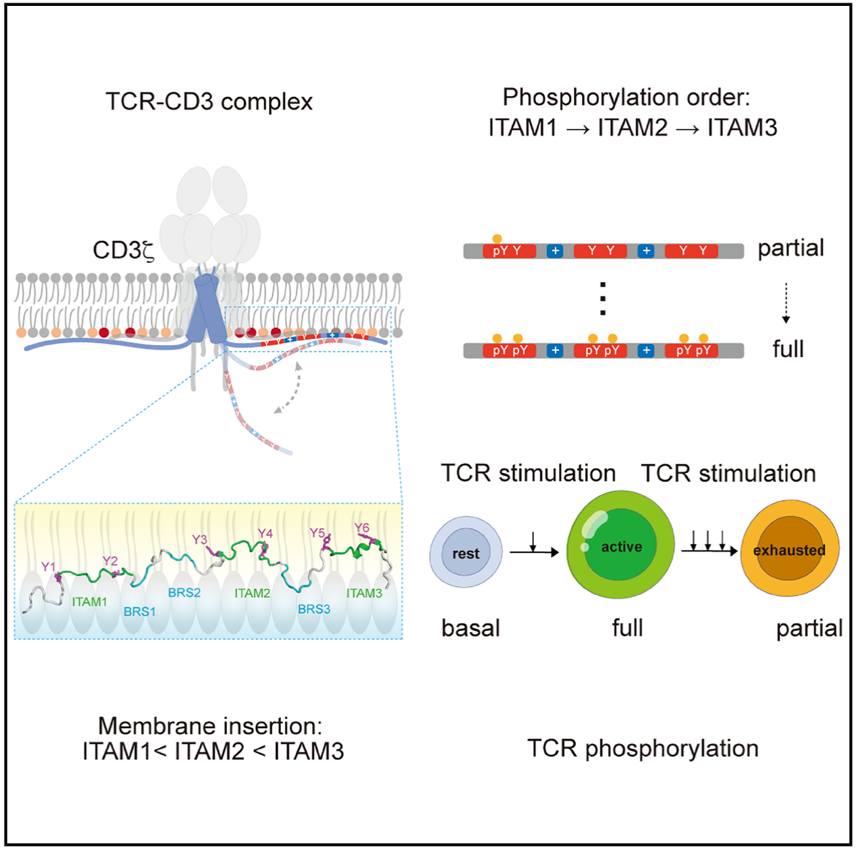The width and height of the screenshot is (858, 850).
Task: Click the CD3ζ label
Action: tap(123, 251)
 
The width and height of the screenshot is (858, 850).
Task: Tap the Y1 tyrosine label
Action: tap(48, 567)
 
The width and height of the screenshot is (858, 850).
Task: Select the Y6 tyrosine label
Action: tap(361, 528)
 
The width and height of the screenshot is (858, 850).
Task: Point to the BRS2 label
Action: tap(184, 593)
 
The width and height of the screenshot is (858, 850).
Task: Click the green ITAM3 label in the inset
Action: tap(364, 594)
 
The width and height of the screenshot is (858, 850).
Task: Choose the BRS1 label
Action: tap(140, 612)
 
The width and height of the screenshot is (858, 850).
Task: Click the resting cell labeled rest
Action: tap(466, 553)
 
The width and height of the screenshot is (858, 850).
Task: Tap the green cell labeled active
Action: tap(621, 546)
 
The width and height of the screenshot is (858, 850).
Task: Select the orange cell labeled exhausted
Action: tap(789, 550)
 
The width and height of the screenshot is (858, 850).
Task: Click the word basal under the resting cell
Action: tap(470, 628)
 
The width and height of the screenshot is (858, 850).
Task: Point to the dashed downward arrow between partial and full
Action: tap(786, 302)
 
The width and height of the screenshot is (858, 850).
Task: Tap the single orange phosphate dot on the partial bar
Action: tap(497, 239)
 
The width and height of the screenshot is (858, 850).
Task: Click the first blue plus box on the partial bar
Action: tap(555, 251)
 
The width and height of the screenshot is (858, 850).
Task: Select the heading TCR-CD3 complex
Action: tap(209, 102)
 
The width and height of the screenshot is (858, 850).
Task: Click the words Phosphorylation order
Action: tap(625, 97)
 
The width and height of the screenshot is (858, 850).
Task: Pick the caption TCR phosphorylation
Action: tap(643, 748)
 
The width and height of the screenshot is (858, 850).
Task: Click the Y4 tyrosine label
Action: tap(265, 533)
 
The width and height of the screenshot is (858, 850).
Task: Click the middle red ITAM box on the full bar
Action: tap(602, 351)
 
